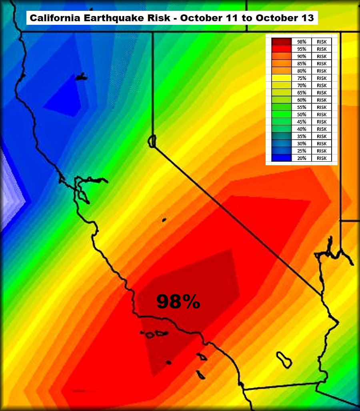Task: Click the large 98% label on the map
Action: [178, 302]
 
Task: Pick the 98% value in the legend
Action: [302, 42]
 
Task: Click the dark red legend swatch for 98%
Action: [281, 42]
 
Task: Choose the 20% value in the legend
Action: [302, 158]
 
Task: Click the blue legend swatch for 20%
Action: [281, 158]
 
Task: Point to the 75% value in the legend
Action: [302, 78]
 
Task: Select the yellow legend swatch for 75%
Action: [281, 78]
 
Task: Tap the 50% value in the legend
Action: [302, 114]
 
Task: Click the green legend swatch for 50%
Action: [281, 114]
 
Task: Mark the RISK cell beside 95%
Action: [322, 49]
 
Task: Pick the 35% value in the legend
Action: [302, 136]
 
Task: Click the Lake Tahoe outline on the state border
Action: [151, 141]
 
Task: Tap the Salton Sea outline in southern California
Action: [284, 359]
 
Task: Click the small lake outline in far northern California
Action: [82, 77]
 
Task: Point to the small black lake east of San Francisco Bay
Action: [164, 220]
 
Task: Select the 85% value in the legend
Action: [302, 64]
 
